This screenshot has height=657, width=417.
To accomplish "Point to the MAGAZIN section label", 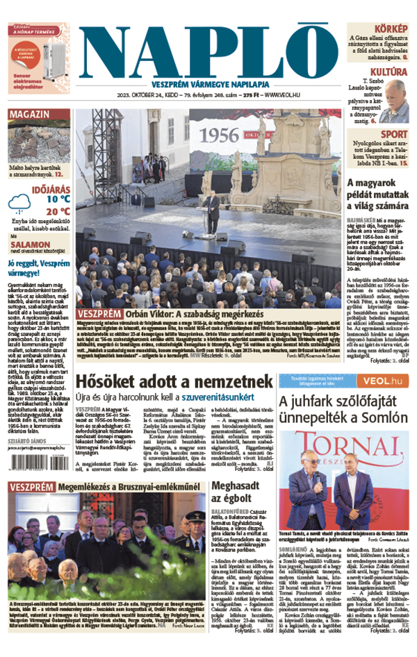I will (x=30, y=115).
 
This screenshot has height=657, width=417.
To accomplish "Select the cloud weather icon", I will (x=19, y=203).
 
